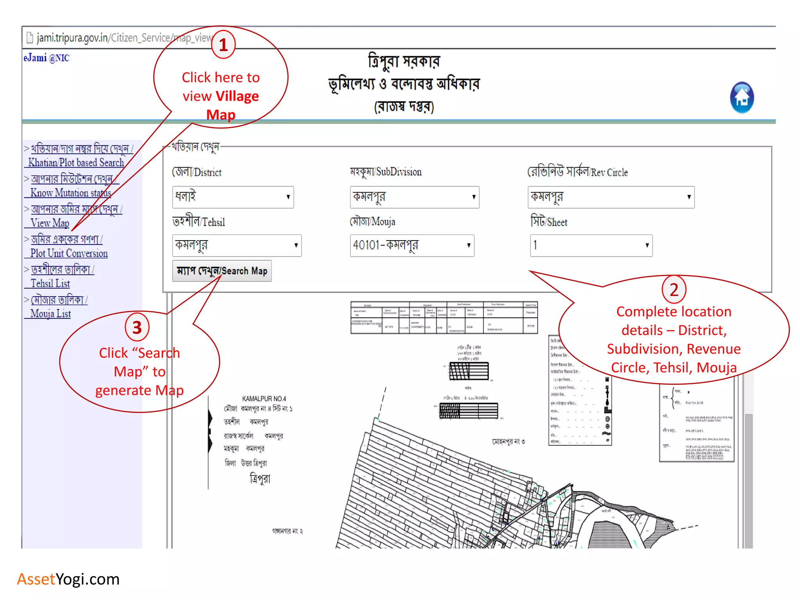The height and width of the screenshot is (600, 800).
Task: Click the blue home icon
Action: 742,98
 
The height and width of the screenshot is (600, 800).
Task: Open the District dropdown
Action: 233,197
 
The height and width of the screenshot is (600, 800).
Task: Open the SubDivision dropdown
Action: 414,197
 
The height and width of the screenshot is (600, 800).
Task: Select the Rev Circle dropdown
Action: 611,197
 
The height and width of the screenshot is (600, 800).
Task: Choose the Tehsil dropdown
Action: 237,245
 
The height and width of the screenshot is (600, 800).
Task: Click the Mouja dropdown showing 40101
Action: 412,245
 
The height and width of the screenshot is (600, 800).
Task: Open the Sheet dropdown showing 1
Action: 591,245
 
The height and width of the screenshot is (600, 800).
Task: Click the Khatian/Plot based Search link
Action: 76,162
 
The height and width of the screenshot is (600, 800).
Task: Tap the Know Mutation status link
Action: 71,193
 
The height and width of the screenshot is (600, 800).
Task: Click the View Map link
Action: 50,223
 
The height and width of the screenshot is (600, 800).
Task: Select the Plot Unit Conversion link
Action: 69,254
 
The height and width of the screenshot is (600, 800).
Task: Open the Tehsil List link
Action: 50,284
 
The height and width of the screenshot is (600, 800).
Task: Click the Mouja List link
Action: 50,314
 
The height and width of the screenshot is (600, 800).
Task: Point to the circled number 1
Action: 223,45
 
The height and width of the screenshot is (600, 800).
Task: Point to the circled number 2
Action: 674,289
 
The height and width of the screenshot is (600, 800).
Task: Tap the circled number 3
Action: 137,327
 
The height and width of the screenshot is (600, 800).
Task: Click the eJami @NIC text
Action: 46,58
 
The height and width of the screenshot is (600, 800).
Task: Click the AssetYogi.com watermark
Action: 68,579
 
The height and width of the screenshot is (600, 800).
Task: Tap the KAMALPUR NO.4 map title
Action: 264,398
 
